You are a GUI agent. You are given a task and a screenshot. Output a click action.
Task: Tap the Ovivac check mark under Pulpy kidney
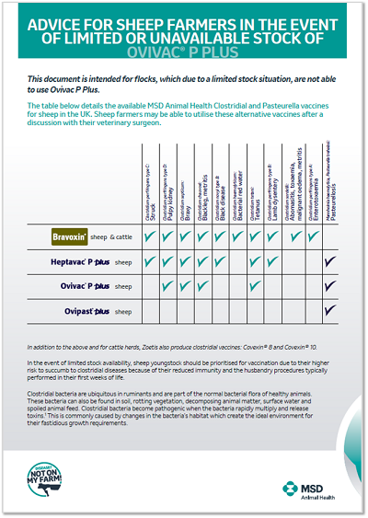click(169, 287)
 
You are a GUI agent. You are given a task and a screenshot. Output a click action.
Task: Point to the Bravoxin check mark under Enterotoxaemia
click(315, 236)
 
